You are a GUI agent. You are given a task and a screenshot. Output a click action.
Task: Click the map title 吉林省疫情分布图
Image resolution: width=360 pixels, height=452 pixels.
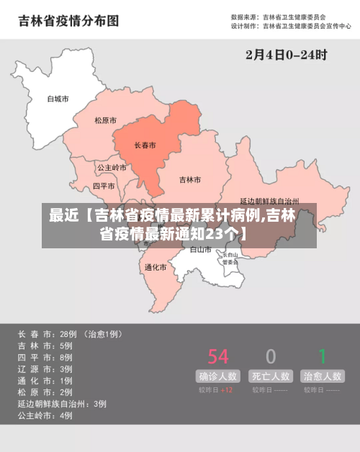tap(68, 21)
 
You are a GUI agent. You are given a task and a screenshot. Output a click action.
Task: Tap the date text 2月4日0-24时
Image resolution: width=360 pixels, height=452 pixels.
tap(287, 55)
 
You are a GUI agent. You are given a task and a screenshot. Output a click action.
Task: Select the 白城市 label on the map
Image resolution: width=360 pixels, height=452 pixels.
tap(58, 99)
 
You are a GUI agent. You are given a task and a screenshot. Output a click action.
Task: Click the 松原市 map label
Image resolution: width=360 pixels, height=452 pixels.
tap(105, 121)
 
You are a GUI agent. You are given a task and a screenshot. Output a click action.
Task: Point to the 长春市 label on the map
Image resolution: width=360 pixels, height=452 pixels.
tap(145, 145)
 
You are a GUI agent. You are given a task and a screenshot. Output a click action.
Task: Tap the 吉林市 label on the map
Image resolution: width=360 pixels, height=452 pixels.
tap(189, 179)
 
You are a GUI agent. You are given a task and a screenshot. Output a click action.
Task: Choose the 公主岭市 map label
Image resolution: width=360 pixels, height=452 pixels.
tap(112, 168)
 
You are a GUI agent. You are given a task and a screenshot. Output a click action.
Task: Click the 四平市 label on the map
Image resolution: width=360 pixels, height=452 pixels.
tap(104, 186)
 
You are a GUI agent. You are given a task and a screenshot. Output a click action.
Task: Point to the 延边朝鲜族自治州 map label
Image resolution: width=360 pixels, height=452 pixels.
tap(269, 202)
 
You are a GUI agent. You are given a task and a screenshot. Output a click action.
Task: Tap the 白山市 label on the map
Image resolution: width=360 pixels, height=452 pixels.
tap(201, 250)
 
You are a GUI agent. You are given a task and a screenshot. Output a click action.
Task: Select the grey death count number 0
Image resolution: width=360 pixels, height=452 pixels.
tap(271, 356)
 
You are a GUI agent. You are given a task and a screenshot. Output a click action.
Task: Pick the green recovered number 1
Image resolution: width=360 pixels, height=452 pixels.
tap(323, 356)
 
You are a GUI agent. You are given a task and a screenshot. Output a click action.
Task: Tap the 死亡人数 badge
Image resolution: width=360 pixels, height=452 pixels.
tap(271, 376)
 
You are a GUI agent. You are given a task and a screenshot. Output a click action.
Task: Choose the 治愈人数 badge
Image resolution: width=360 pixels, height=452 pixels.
tap(323, 376)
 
